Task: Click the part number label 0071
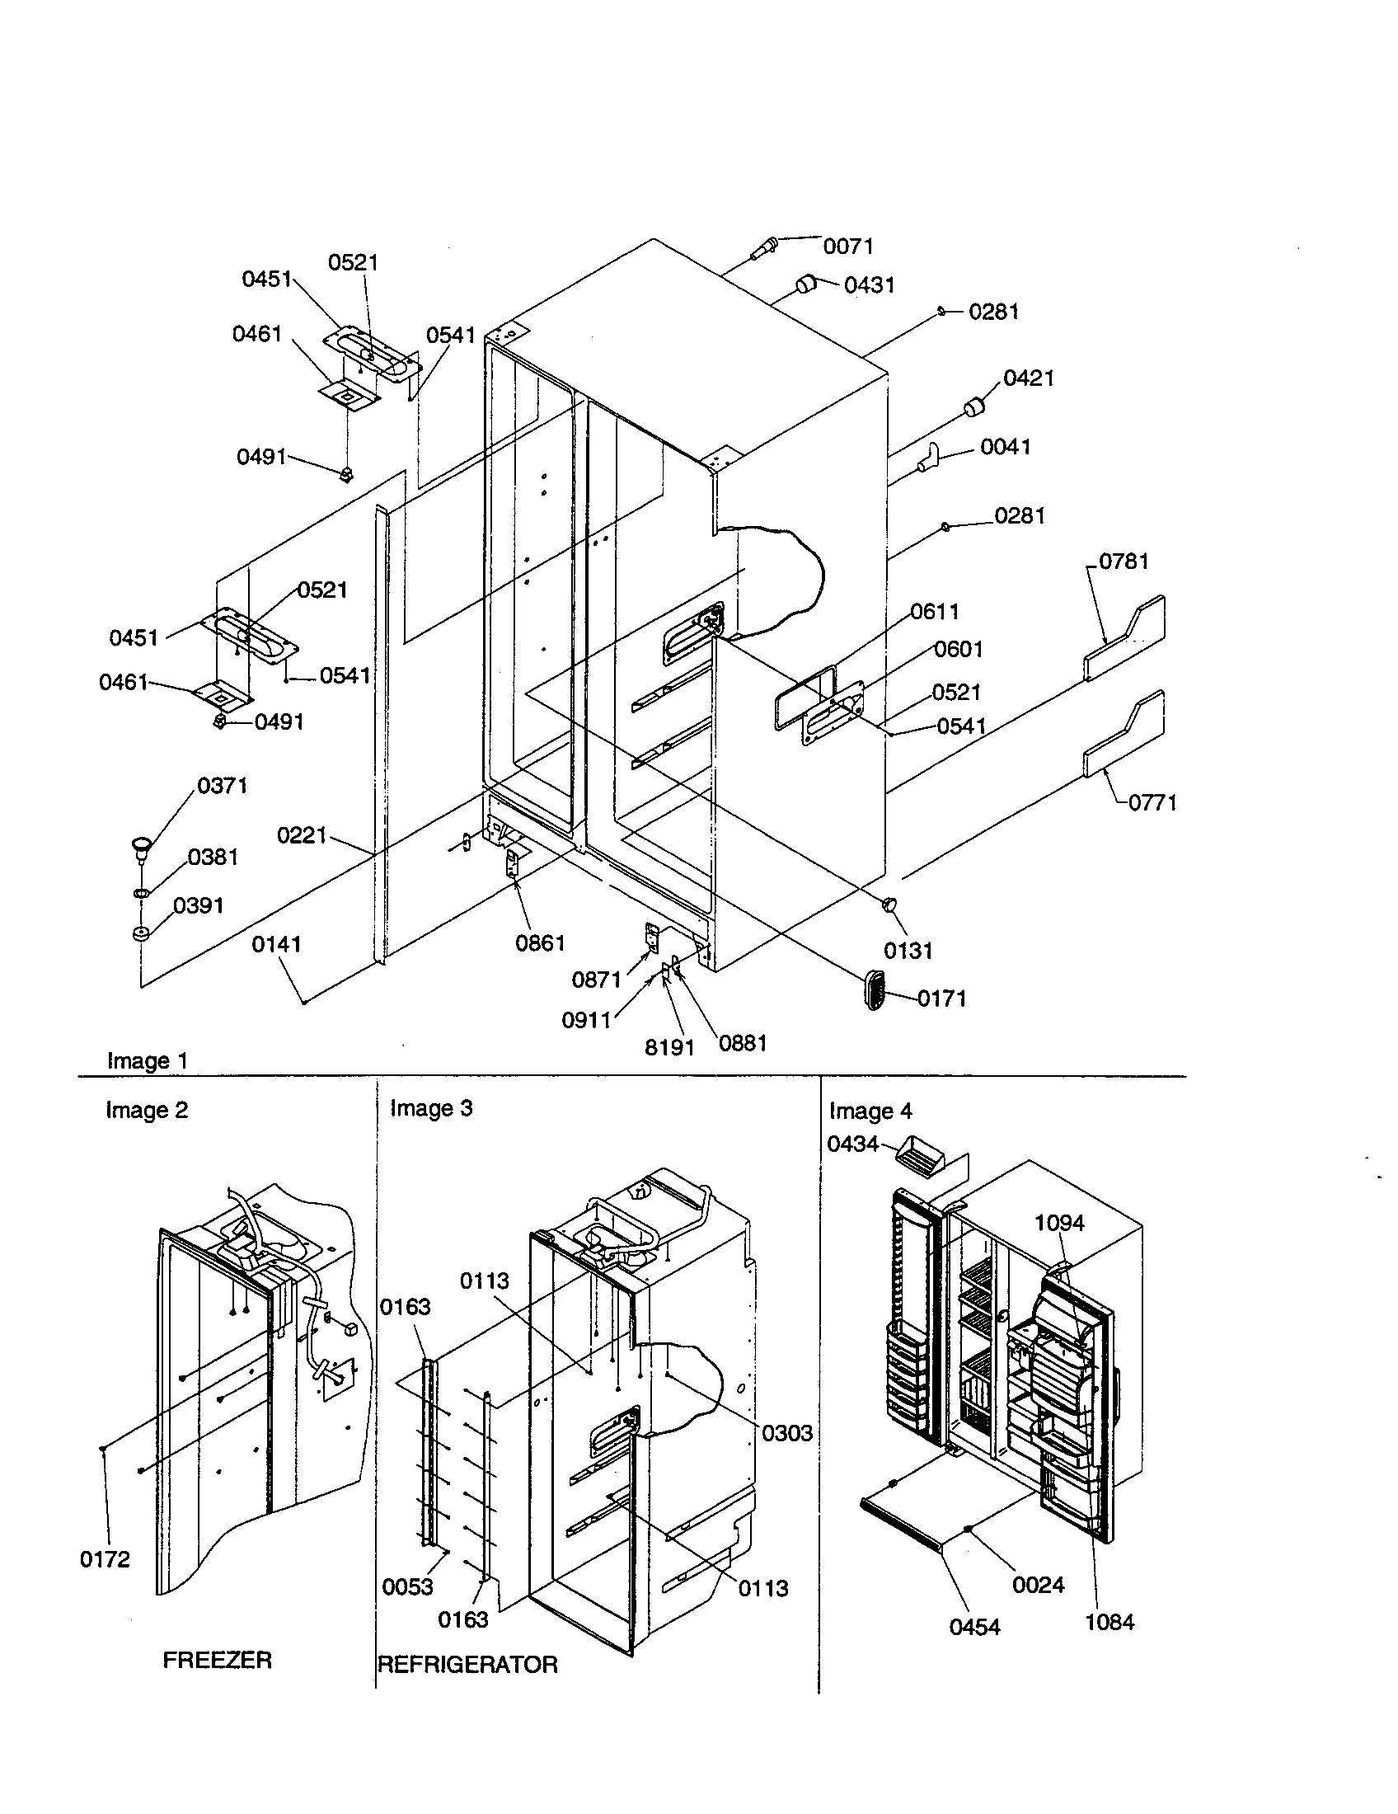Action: pyautogui.click(x=847, y=246)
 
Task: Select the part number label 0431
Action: pyautogui.click(x=869, y=285)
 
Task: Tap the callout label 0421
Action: pyautogui.click(x=1029, y=378)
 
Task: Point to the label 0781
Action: pyautogui.click(x=1124, y=562)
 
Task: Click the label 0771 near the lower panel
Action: pyautogui.click(x=1152, y=802)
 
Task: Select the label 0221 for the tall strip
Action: pyautogui.click(x=302, y=834)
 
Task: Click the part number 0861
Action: pyautogui.click(x=541, y=942)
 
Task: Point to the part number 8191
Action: pyautogui.click(x=669, y=1047)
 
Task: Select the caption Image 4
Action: pyautogui.click(x=870, y=1111)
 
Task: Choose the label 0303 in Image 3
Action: pyautogui.click(x=787, y=1433)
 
